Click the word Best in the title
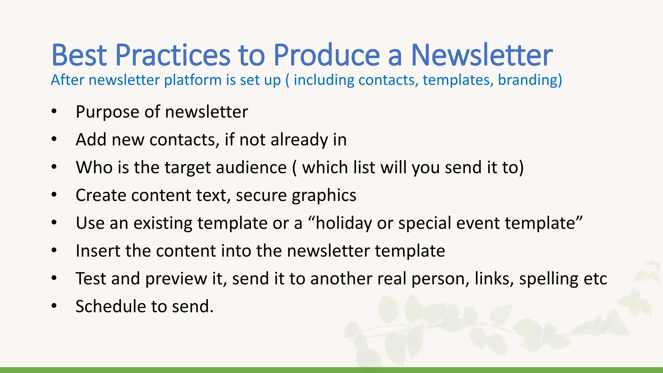[79, 55]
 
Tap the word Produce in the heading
[326, 55]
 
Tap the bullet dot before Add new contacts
[54, 140]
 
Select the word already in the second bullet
[299, 140]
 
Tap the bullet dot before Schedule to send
[54, 306]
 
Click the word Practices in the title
[173, 55]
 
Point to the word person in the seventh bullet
[440, 279]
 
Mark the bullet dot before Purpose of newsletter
[54, 112]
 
